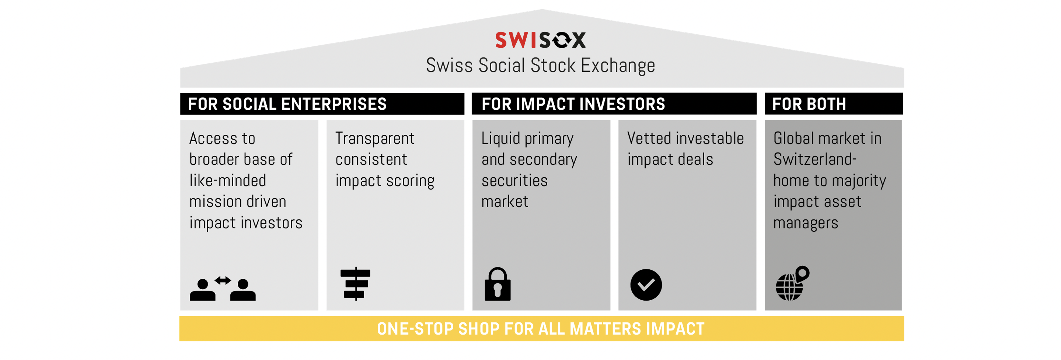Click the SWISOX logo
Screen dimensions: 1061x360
[x=540, y=40]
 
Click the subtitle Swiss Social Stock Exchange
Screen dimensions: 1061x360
[x=540, y=65]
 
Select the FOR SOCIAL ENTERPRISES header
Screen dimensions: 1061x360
[x=287, y=104]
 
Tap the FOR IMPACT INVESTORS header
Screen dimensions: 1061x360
[x=573, y=104]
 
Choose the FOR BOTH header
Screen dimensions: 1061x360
[x=809, y=104]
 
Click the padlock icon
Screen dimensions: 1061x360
[x=498, y=284]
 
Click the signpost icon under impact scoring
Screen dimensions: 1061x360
[x=356, y=284]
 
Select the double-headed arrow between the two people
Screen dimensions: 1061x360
[x=223, y=280]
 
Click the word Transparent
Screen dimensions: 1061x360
[x=375, y=139]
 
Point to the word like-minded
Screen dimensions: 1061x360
[x=228, y=181]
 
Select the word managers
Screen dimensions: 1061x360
[x=806, y=223]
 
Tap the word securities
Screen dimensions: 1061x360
[x=514, y=181]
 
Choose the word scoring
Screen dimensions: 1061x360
[x=410, y=181]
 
